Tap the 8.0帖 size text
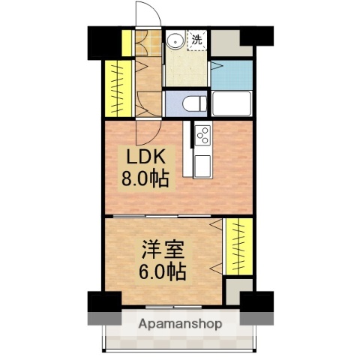pos(146,179)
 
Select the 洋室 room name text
pos(160,247)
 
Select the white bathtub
pos(231,103)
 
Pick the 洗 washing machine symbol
pos(196,39)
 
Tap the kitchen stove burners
pos(203,135)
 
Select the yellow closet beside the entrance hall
pos(117,87)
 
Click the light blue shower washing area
pos(231,73)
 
